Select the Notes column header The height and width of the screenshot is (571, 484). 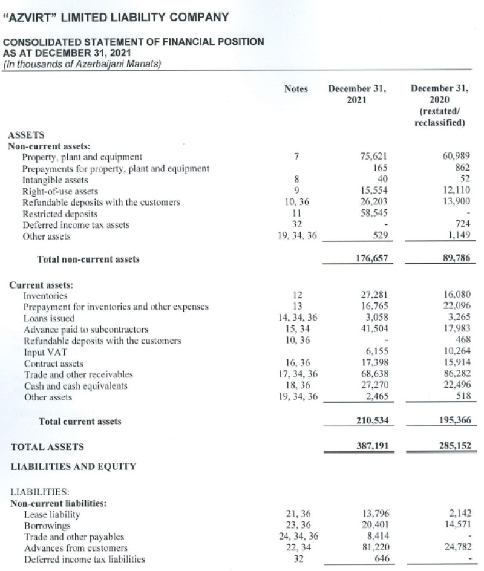coord(296,89)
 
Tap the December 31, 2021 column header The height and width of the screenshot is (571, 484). coord(356,94)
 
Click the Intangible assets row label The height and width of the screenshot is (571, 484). coord(55,180)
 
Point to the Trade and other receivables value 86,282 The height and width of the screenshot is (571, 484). coord(454,375)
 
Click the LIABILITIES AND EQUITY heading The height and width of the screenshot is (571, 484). coord(73,466)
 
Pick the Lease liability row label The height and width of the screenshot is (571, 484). coord(51,514)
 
